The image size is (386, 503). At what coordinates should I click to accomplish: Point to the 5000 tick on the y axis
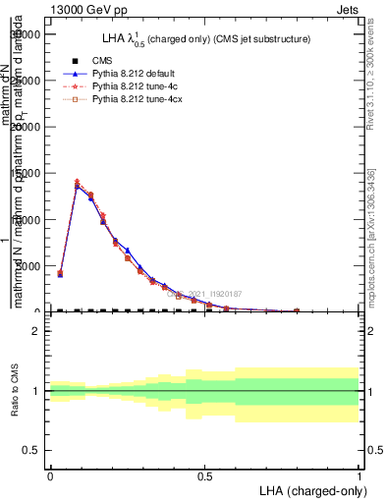[x=29, y=266]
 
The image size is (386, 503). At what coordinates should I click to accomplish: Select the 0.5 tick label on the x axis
[x=204, y=475]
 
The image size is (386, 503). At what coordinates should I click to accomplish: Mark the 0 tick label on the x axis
[x=50, y=475]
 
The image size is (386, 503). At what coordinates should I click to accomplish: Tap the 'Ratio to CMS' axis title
[x=16, y=391]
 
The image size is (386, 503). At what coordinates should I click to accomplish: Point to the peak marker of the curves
[x=78, y=184]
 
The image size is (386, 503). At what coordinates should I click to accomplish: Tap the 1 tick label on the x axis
[x=358, y=475]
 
